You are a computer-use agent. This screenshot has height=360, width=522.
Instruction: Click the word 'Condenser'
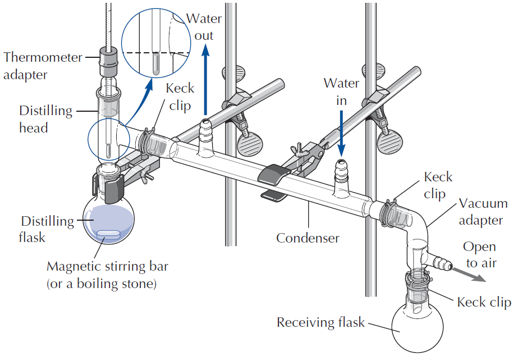point(308,238)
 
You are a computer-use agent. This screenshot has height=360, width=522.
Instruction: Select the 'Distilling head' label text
point(45,119)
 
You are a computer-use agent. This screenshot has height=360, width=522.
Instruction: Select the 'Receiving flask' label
point(320,323)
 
